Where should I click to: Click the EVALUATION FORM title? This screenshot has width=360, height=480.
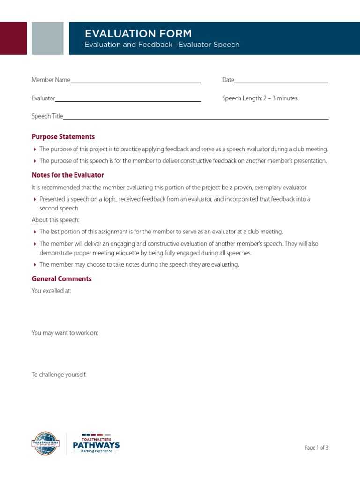138,33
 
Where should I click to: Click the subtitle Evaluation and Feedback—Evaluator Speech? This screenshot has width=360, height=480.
162,45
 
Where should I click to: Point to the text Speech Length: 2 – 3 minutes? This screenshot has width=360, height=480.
260,98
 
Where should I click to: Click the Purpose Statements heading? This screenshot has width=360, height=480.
63,137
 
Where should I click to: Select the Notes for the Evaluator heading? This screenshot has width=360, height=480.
67,175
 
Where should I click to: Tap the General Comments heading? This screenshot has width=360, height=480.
61,279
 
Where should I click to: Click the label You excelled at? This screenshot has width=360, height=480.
52,291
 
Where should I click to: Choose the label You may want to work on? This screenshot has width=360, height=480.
65,333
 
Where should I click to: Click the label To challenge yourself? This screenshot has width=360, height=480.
59,375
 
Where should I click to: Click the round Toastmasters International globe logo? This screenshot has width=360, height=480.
45,443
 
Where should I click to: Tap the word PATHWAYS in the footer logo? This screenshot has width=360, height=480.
97,444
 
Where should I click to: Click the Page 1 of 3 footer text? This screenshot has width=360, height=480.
316,448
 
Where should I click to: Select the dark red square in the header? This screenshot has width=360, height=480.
13,38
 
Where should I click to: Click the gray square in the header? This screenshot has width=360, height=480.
48,38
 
